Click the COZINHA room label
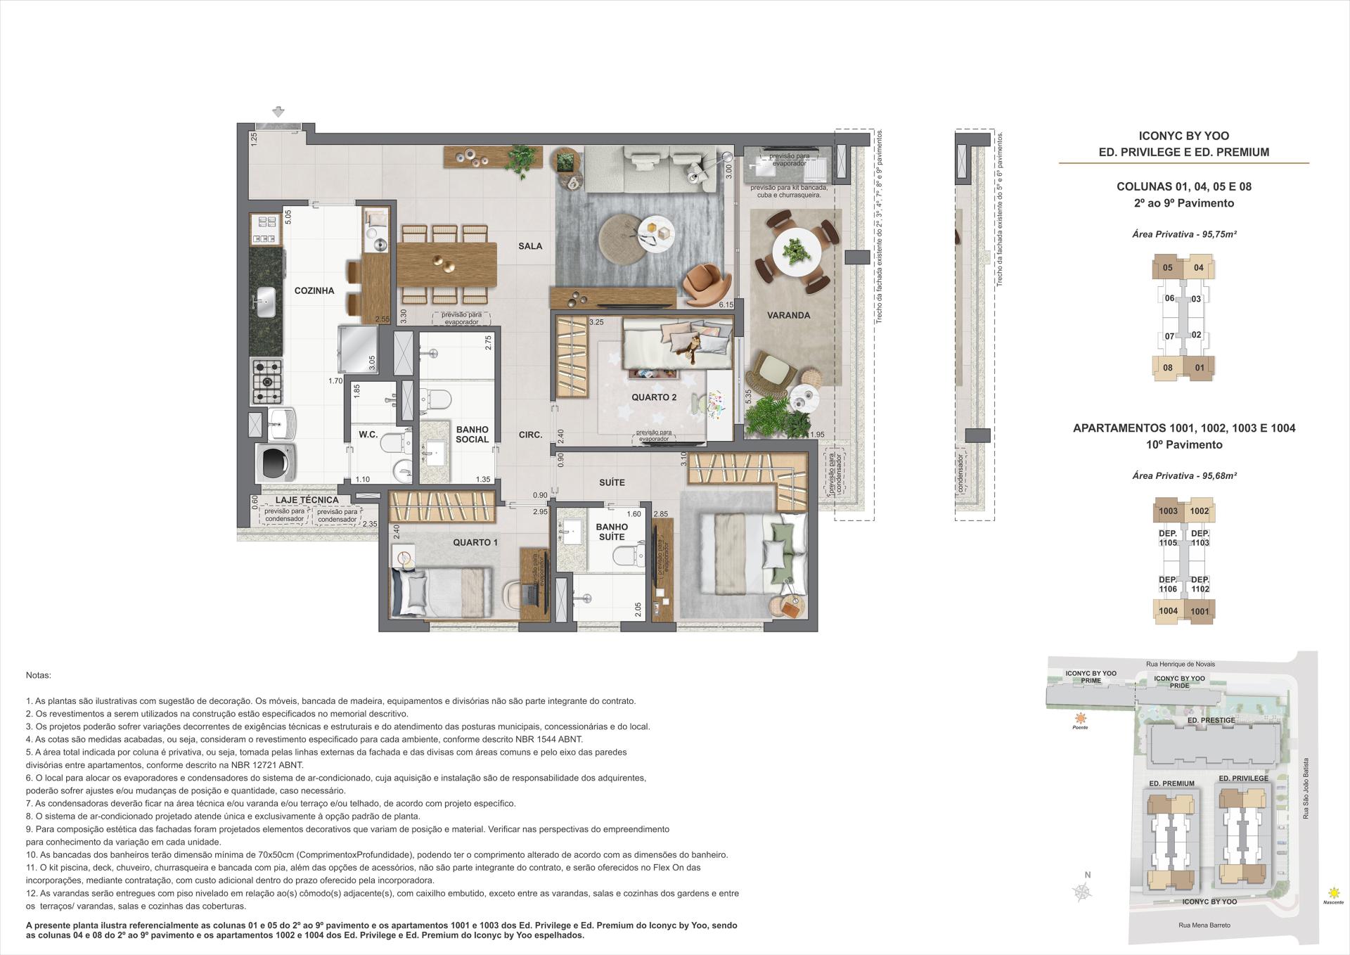click(x=314, y=290)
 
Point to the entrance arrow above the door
click(x=278, y=111)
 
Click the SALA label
click(x=530, y=245)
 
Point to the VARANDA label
click(x=788, y=315)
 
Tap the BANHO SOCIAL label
click(x=472, y=434)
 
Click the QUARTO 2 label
click(x=653, y=397)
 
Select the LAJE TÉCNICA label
click(x=307, y=500)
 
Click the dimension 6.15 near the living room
click(x=726, y=305)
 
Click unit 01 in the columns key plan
click(x=1199, y=367)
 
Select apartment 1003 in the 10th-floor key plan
click(x=1169, y=511)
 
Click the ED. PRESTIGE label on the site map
click(x=1211, y=720)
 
